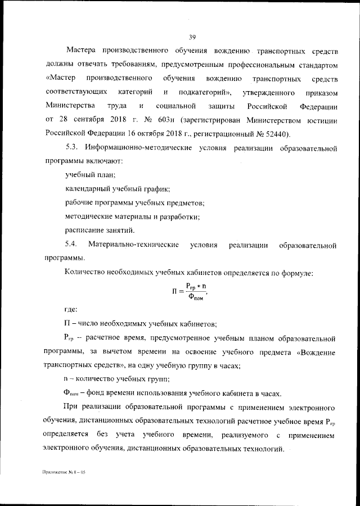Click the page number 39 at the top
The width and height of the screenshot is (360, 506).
(x=192, y=37)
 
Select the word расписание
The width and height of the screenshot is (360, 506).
(x=84, y=230)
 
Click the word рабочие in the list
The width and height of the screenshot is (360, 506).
(x=80, y=202)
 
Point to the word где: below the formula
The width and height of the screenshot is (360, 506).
(x=71, y=310)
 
